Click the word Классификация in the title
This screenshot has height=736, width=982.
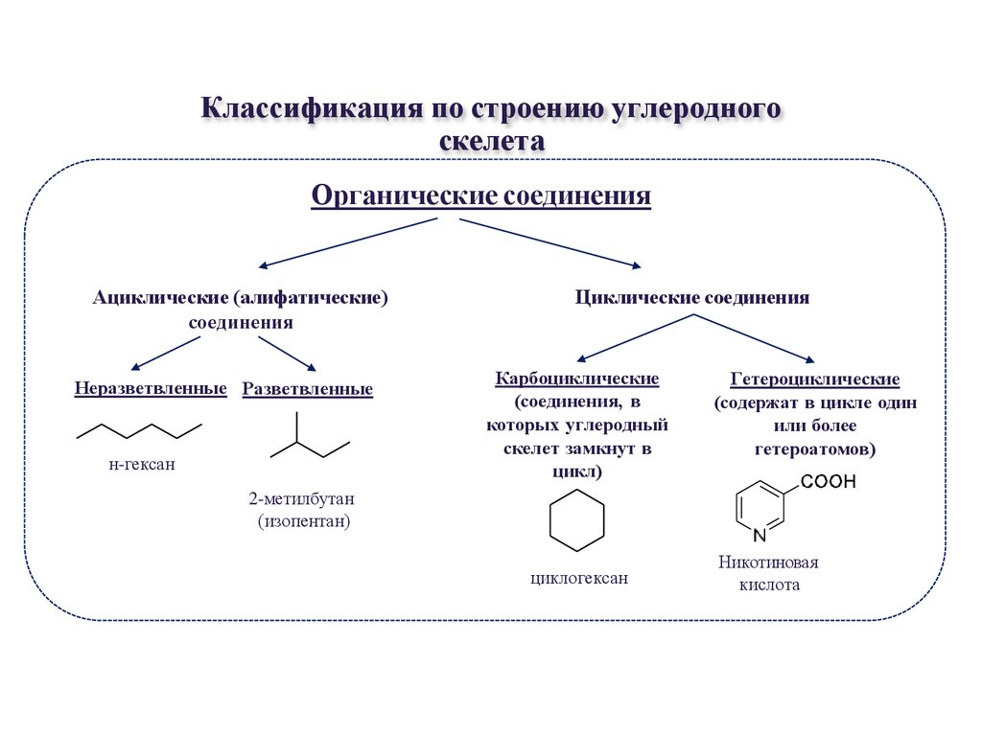(312, 107)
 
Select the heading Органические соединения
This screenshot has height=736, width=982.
(481, 195)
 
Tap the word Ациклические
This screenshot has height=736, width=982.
(160, 297)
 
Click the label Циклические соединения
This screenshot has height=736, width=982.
(692, 297)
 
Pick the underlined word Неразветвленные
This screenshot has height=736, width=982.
(151, 389)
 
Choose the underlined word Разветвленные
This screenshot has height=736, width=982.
(308, 389)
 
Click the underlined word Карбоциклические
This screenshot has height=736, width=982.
(576, 379)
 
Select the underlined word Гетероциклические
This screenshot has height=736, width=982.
(815, 379)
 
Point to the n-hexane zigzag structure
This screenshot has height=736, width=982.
(139, 431)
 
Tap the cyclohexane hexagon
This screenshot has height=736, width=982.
(576, 490)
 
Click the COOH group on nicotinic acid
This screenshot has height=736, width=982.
(828, 481)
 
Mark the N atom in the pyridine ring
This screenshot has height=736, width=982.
(760, 535)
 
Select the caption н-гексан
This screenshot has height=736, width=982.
(142, 465)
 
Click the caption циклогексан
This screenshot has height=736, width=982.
(578, 578)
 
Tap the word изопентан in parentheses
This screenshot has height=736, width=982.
(304, 521)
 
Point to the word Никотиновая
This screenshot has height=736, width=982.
(768, 562)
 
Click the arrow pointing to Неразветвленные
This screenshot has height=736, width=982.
(166, 354)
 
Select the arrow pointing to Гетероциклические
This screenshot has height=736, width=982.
(754, 338)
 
